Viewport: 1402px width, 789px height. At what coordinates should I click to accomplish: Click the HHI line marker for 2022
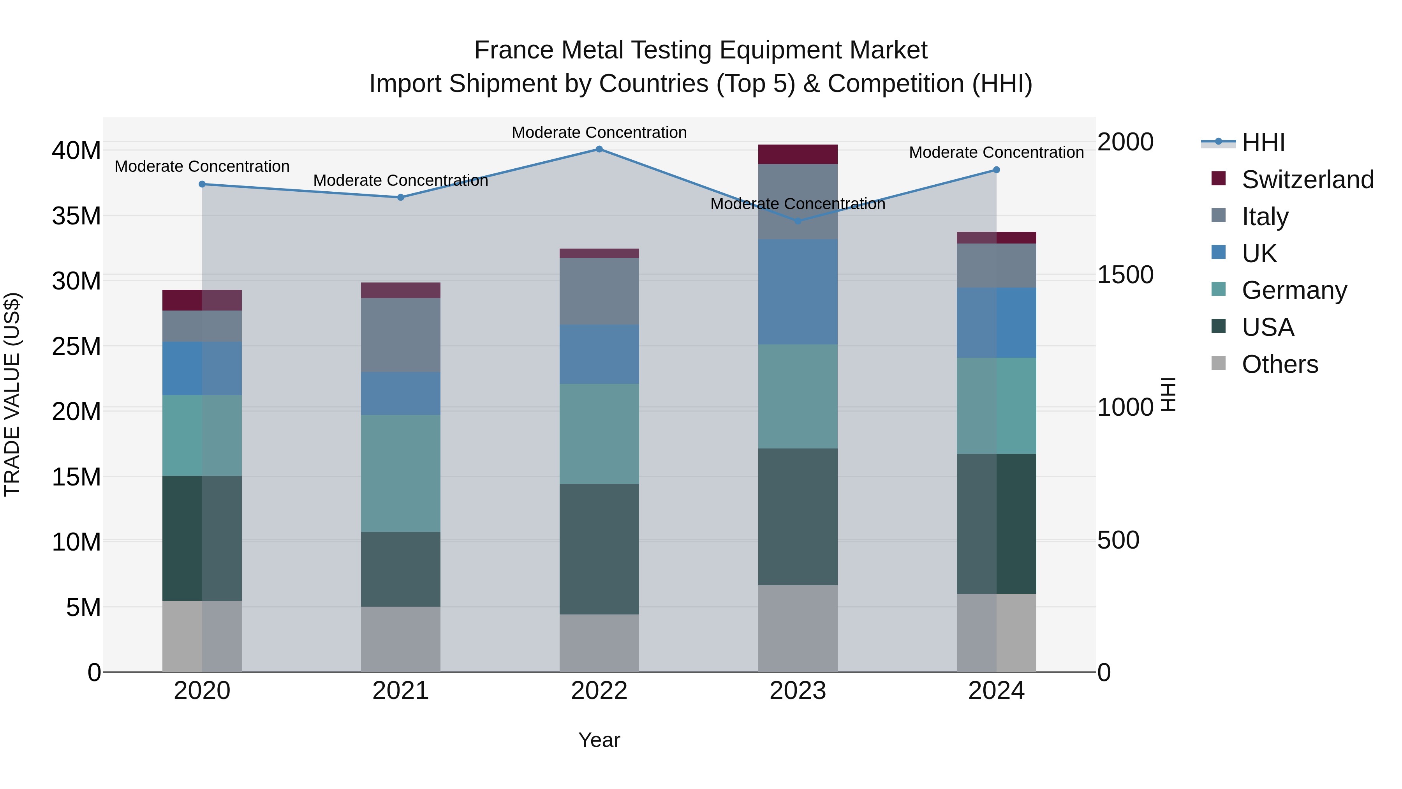point(599,149)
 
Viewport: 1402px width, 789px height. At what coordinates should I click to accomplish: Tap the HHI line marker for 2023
point(798,221)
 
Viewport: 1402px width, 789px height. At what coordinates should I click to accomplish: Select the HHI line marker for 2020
point(202,184)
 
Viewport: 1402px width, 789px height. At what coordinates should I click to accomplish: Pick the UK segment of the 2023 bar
point(798,292)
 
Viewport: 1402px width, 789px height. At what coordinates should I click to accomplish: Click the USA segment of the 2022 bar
point(599,549)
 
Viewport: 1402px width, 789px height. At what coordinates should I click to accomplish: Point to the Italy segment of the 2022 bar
point(599,291)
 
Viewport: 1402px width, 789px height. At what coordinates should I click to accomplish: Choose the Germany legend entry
point(1294,290)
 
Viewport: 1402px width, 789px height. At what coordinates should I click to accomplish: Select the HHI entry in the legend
point(1263,143)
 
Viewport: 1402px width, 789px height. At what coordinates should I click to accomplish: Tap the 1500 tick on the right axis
point(1124,275)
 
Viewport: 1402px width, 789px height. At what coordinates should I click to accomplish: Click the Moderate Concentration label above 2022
point(599,132)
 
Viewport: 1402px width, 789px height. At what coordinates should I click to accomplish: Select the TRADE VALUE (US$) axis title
point(12,394)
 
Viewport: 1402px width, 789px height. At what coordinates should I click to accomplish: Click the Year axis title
point(599,740)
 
